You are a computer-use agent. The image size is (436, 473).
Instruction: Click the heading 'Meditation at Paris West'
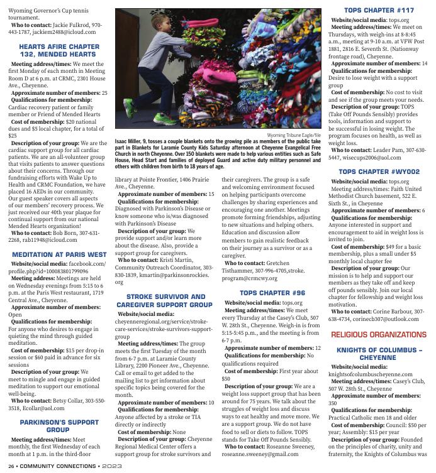pyautogui.click(x=59, y=254)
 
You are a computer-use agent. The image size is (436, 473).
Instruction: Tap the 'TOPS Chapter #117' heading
pyautogui.click(x=379, y=11)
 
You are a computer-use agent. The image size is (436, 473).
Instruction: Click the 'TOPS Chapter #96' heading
pyautogui.click(x=272, y=293)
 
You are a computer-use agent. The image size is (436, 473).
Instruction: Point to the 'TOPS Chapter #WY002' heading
pyautogui.click(x=379, y=171)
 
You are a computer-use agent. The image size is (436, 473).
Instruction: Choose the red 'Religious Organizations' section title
pyautogui.click(x=379, y=335)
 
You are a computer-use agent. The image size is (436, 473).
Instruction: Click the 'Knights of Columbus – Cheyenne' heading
pyautogui.click(x=379, y=353)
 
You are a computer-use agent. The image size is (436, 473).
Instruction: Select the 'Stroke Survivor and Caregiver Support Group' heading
pyautogui.click(x=165, y=300)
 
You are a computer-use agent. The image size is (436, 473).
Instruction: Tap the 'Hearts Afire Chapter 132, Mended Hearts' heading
pyautogui.click(x=59, y=50)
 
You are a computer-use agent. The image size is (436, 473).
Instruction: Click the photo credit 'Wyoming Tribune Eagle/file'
pyautogui.click(x=294, y=135)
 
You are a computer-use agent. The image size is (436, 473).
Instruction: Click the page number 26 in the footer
pyautogui.click(x=11, y=466)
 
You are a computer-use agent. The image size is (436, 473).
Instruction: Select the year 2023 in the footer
pyautogui.click(x=113, y=466)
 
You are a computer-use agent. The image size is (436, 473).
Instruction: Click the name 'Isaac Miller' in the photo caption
pyautogui.click(x=131, y=142)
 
